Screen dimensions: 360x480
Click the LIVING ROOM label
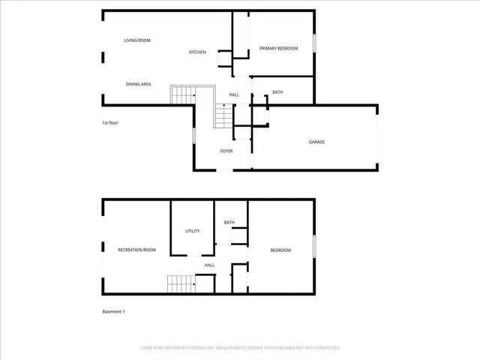pyautogui.click(x=138, y=40)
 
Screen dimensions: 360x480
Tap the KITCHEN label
pyautogui.click(x=197, y=52)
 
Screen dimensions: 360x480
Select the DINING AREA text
pyautogui.click(x=138, y=84)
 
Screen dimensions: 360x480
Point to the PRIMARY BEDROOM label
pyautogui.click(x=278, y=49)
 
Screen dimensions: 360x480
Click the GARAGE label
pyautogui.click(x=316, y=142)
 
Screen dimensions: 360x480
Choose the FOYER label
pyautogui.click(x=226, y=151)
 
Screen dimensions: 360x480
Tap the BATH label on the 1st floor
pyautogui.click(x=277, y=92)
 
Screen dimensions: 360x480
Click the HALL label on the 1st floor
pyautogui.click(x=234, y=94)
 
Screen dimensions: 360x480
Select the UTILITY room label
pyautogui.click(x=193, y=230)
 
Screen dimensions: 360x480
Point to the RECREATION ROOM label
pyautogui.click(x=136, y=250)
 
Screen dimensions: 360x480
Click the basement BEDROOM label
pyautogui.click(x=280, y=250)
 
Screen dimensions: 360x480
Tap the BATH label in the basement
pyautogui.click(x=229, y=222)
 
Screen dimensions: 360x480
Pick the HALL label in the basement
pyautogui.click(x=210, y=265)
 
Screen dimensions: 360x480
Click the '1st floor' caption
pyautogui.click(x=110, y=122)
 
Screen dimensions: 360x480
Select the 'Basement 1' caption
pyautogui.click(x=113, y=311)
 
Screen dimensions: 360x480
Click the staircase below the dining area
pyautogui.click(x=183, y=95)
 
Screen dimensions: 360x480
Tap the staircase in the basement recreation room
pyautogui.click(x=180, y=284)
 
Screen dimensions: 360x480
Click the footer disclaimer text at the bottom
pyautogui.click(x=240, y=348)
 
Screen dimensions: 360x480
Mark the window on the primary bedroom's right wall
pyautogui.click(x=313, y=43)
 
